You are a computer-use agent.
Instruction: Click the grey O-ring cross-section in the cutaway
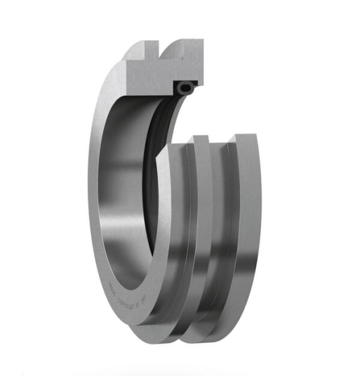click(185, 88)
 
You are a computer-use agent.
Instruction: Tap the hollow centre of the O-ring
click(185, 88)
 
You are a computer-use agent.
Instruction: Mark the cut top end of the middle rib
click(201, 138)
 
